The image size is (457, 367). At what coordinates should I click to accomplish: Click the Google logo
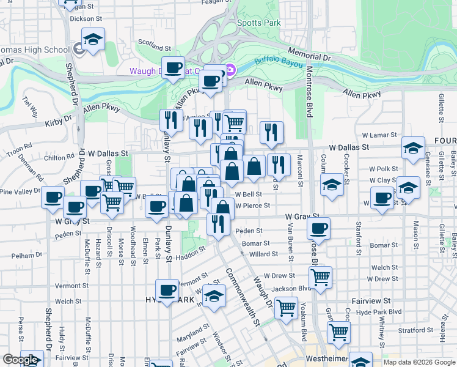coord(20,360)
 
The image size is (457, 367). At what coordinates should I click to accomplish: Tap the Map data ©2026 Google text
coord(419,362)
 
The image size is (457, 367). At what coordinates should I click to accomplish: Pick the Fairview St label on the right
coord(371,302)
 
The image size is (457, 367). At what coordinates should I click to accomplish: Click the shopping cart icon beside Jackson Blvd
coord(320,278)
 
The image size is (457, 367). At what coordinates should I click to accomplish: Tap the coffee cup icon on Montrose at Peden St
coord(318,229)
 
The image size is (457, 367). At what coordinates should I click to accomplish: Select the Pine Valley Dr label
coord(22,192)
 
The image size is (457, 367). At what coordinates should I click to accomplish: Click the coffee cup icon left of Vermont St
coord(166,290)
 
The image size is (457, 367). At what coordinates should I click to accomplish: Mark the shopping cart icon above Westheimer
coord(338,333)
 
